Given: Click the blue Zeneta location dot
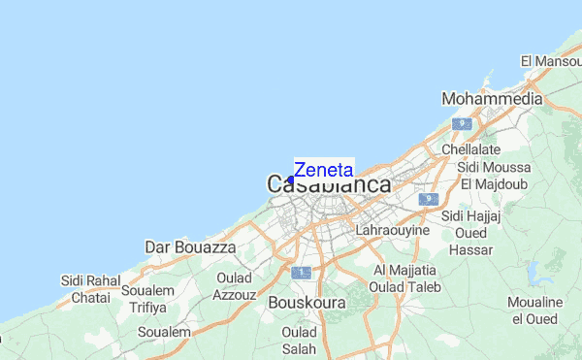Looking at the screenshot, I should [290, 180].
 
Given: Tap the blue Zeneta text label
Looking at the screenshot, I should [324, 169].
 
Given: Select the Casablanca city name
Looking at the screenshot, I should [329, 184].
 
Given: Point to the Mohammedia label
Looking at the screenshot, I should [491, 99].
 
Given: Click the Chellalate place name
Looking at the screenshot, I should [470, 150].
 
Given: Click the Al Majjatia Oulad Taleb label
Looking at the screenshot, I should [406, 278].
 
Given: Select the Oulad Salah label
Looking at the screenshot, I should [299, 341].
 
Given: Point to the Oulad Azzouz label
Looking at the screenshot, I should [235, 285].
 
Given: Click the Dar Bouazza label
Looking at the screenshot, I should [190, 248].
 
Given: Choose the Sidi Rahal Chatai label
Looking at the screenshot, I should [86, 289].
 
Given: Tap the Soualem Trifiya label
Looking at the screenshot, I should [147, 299].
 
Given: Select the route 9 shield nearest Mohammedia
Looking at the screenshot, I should [465, 124].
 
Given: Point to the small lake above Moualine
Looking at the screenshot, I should [533, 271].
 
